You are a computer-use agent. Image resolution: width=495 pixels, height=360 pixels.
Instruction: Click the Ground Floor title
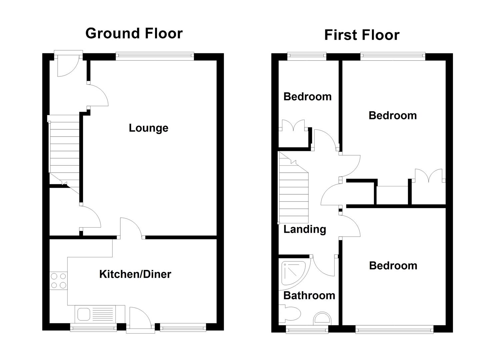pos(134,33)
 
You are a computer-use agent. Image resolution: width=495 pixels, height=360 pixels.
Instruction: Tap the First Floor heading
pos(362,35)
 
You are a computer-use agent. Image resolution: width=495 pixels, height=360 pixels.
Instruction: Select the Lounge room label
pos(148,128)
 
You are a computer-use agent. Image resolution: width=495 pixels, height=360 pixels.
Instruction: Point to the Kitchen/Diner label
pos(135,274)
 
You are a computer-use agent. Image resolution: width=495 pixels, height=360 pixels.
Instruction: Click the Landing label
pos(304,229)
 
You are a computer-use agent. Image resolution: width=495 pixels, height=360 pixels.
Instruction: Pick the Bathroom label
pos(309,295)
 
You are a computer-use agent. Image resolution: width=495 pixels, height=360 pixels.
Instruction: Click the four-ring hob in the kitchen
pos(58,280)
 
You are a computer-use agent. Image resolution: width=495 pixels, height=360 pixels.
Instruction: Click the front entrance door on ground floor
pos(68,65)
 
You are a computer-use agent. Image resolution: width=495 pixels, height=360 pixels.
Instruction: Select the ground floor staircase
pos(64,150)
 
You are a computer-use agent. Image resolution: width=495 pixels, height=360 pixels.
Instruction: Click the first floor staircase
pos(293,193)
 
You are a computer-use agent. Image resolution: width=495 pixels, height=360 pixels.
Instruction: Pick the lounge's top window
pos(155,56)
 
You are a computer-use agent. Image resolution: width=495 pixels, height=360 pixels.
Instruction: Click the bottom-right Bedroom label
pos(393,266)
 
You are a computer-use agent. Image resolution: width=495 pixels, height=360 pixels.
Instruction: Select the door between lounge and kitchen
pos(132,228)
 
